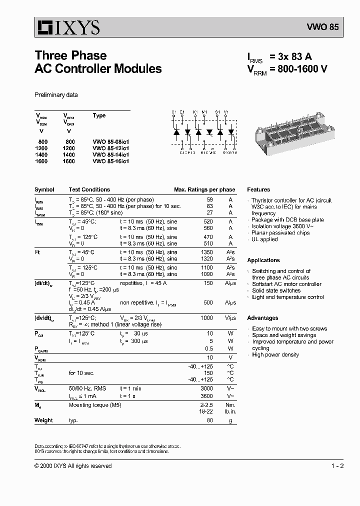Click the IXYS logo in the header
[x=67, y=27]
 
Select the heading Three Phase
[x=70, y=55]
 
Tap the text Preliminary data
[x=56, y=95]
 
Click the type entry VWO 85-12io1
[x=111, y=148]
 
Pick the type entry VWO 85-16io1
[x=111, y=161]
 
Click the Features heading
[x=258, y=190]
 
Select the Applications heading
[x=263, y=260]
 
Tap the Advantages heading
[x=262, y=318]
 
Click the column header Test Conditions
[x=89, y=190]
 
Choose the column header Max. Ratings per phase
[x=204, y=190]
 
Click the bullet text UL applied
[x=265, y=239]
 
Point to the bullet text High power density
[x=275, y=355]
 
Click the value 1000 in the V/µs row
[x=206, y=318]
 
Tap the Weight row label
[x=43, y=420]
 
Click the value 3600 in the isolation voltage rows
[x=206, y=396]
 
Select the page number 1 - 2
[x=337, y=466]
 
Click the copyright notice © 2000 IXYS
[x=73, y=466]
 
